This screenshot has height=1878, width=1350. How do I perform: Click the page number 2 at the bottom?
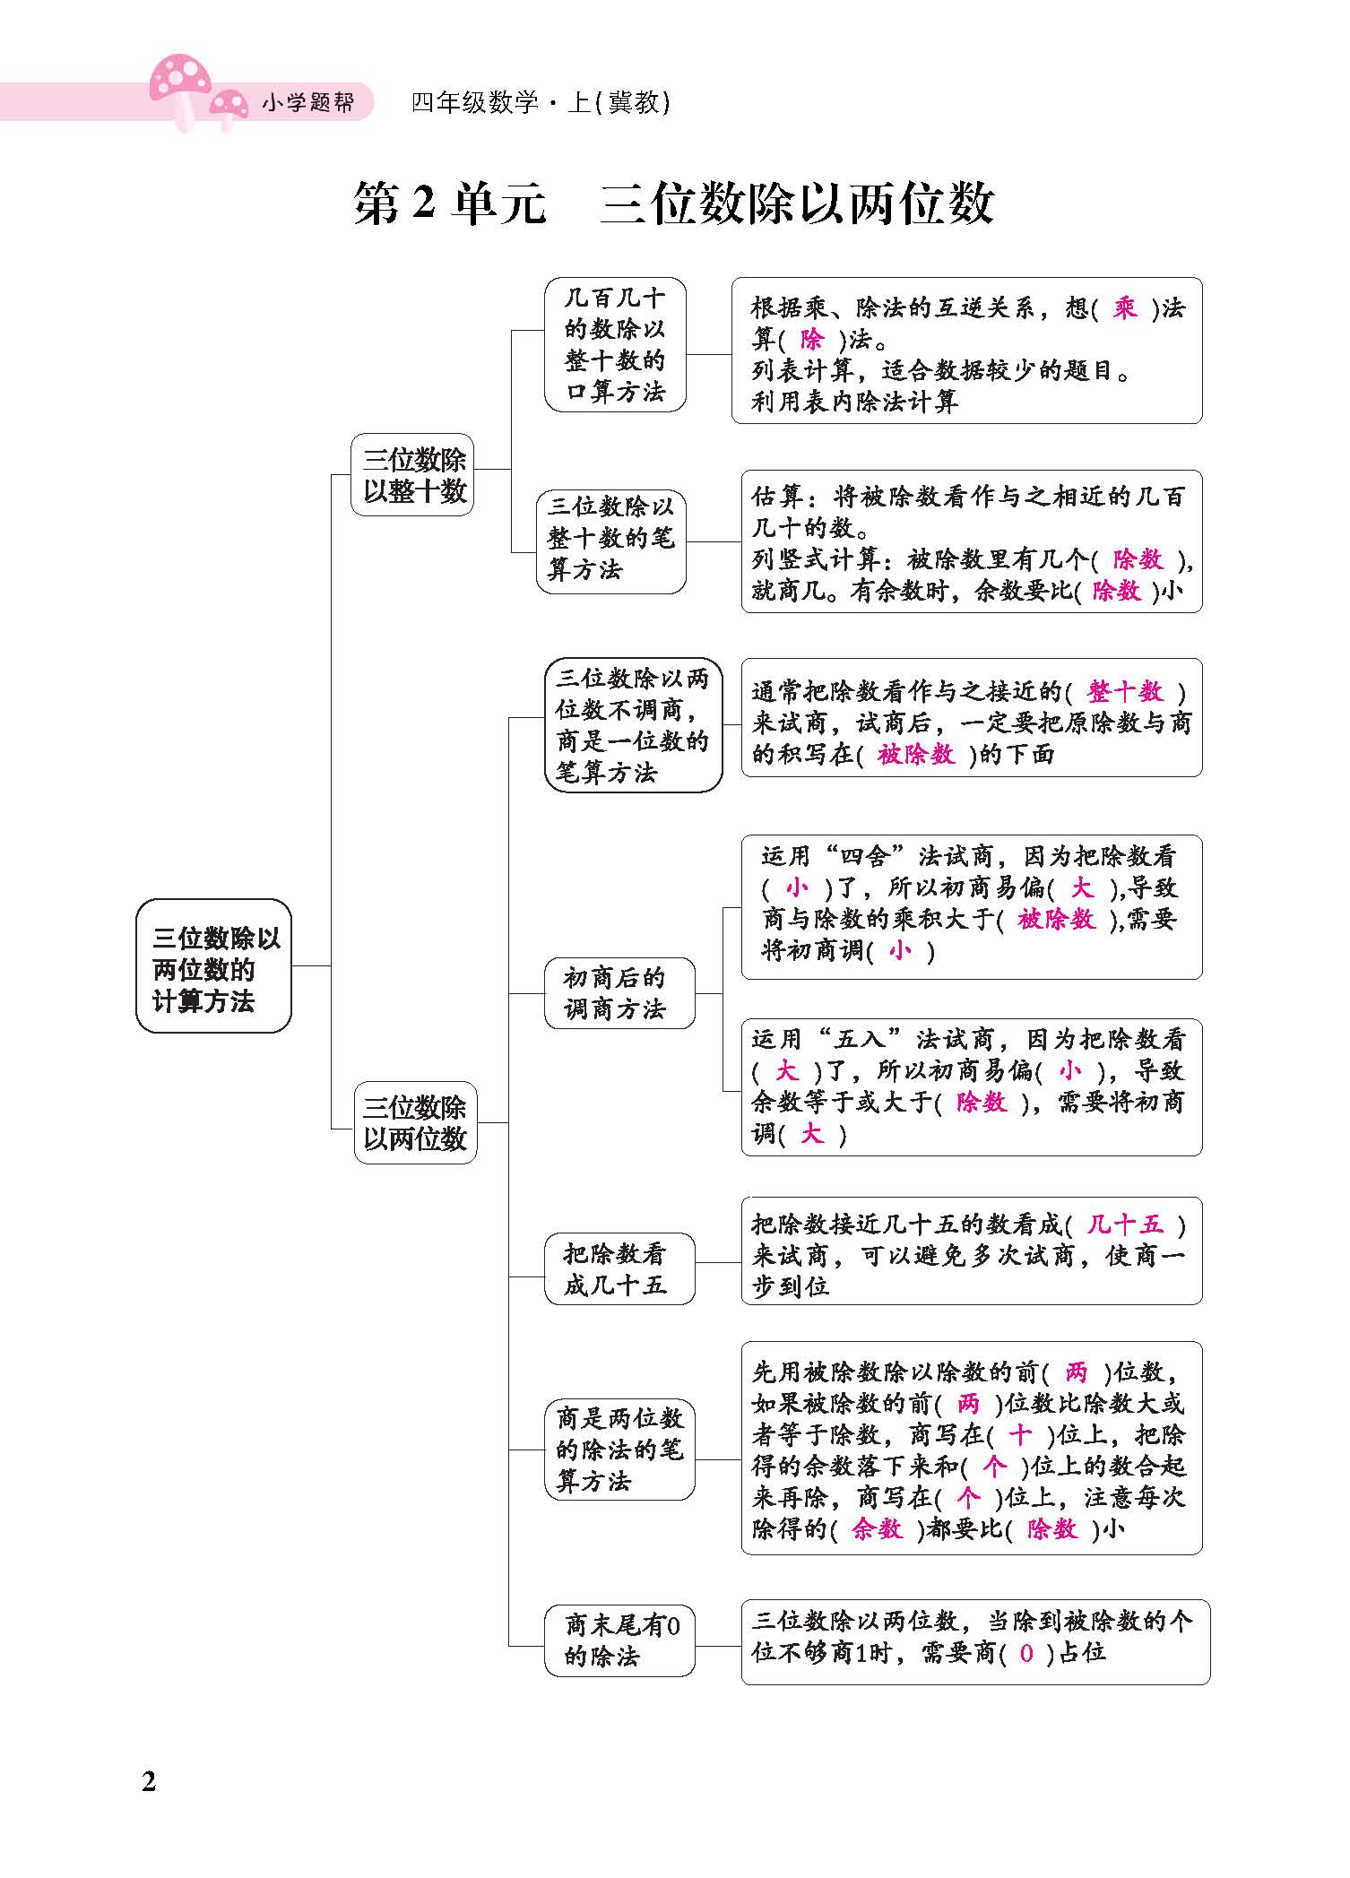pos(149,1780)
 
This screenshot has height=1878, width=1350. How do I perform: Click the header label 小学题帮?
pos(307,103)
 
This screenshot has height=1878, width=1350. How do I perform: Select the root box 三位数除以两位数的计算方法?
pos(214,967)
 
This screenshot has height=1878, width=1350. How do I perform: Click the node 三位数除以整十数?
pos(413,475)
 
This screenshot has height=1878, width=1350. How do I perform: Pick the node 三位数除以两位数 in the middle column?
pos(415,1122)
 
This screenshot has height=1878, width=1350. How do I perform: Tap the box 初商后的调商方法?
pos(618,993)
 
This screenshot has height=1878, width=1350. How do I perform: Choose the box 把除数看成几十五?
pos(618,1269)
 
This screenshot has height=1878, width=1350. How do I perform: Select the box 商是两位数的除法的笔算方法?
pos(619,1449)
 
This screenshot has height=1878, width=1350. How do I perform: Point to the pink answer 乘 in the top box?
pos(1124,309)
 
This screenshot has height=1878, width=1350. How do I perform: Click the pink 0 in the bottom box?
pos(1026,1653)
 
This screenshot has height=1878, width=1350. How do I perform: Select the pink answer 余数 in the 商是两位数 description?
pos(877,1529)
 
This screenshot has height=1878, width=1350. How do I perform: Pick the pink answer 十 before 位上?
pos(1020,1436)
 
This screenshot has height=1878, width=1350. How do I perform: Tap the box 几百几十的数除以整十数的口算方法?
pos(615,345)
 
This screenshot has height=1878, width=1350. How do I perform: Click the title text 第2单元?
pos(449,203)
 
